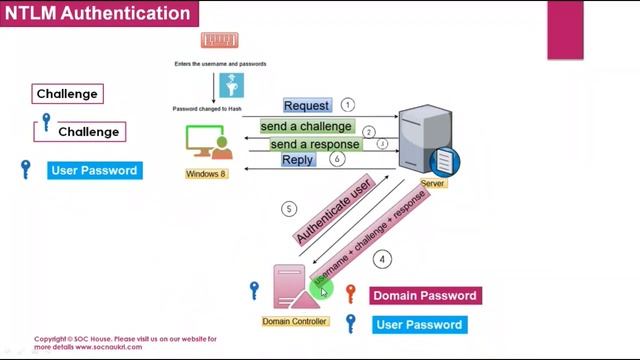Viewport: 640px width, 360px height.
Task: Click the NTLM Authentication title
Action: (97, 14)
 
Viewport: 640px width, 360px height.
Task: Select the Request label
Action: (307, 106)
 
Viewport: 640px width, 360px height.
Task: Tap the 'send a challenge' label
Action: (306, 127)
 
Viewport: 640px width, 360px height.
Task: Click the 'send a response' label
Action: (315, 144)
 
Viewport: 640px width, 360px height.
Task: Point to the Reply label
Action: (298, 160)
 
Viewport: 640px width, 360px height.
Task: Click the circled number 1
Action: (347, 105)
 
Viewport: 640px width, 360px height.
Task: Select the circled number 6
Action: (337, 159)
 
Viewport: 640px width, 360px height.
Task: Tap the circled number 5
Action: (290, 209)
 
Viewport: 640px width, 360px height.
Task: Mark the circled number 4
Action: (381, 259)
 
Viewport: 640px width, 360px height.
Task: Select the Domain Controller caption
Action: (294, 321)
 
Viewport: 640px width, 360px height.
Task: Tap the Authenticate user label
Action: (334, 208)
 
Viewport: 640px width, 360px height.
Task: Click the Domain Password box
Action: (425, 296)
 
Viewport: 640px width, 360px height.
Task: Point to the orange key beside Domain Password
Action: (350, 294)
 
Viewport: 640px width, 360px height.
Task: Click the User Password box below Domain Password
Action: (418, 325)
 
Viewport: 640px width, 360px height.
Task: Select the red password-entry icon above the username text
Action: (219, 41)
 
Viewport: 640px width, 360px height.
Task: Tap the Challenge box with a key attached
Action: (88, 131)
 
